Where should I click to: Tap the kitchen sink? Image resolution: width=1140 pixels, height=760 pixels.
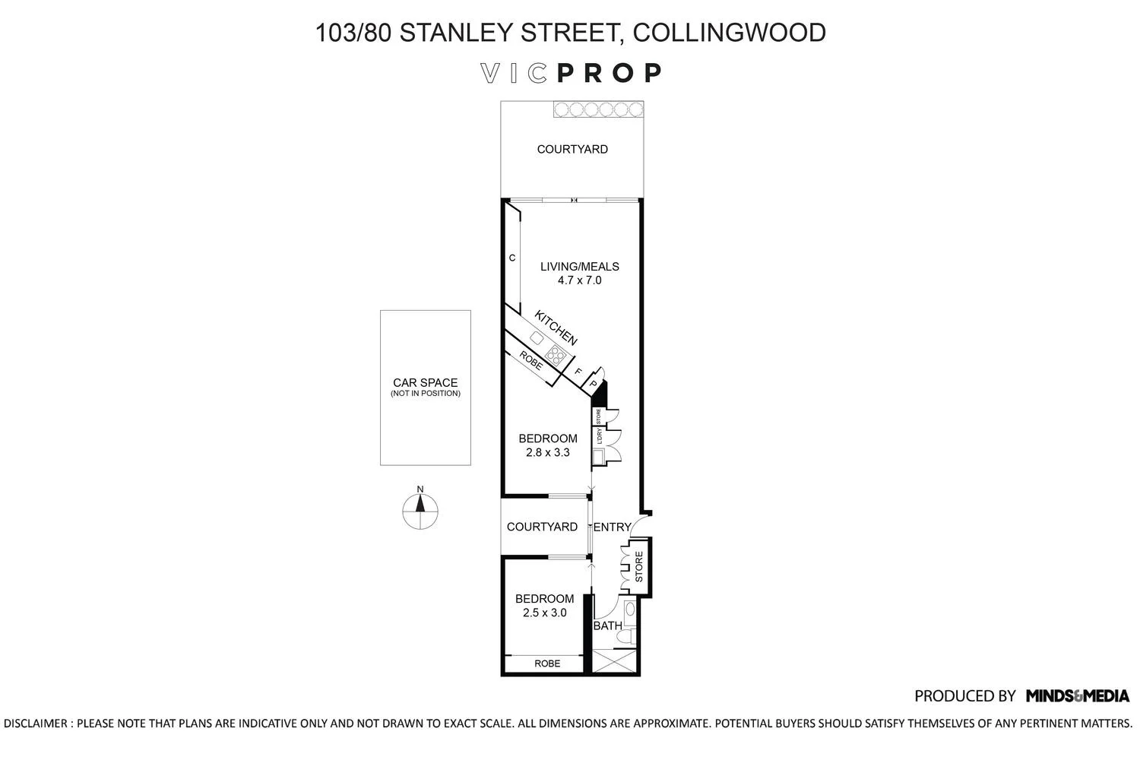pos(537,337)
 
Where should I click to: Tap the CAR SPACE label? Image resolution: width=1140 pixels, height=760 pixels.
pos(425,383)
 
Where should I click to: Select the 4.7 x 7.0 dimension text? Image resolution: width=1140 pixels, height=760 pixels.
pos(579,280)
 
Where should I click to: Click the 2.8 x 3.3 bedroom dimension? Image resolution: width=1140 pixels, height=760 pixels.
pos(547,452)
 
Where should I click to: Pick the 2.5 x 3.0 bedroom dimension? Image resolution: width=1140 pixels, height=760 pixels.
pos(544,613)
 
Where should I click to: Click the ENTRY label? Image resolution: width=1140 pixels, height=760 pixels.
pos(612,527)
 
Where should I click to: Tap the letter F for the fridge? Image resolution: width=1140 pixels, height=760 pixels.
pos(578,372)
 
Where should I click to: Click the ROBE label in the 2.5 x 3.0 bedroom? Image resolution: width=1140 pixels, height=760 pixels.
pos(547,663)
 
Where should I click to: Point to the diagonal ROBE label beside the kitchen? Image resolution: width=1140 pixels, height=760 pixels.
pos(530,360)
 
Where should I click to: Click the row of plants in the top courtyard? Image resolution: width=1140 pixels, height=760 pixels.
pos(597,109)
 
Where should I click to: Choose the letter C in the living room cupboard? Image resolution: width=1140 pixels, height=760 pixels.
pos(512,258)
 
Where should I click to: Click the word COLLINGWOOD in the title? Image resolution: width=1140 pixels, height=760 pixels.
pos(729,33)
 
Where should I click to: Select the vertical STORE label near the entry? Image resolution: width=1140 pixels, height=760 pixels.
pos(638,567)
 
